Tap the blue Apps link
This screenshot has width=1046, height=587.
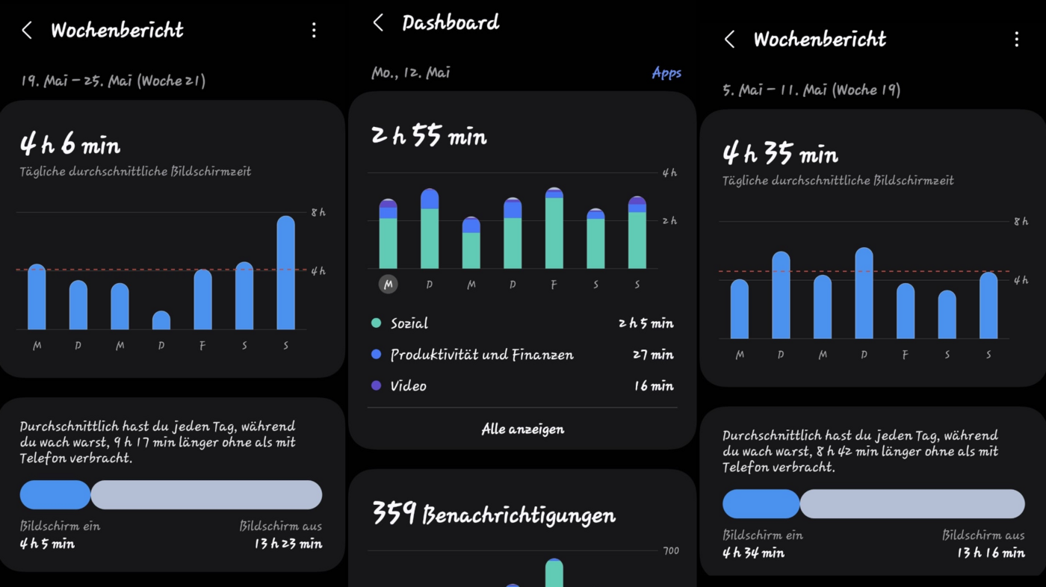pyautogui.click(x=666, y=73)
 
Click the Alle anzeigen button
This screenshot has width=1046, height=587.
pyautogui.click(x=522, y=429)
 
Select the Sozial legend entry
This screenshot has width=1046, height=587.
pyautogui.click(x=409, y=323)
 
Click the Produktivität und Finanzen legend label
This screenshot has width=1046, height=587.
pyautogui.click(x=481, y=355)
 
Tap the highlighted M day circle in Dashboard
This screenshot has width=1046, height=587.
pyautogui.click(x=388, y=285)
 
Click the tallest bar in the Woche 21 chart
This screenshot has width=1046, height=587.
pyautogui.click(x=285, y=273)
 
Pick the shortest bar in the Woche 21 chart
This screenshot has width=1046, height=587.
pyautogui.click(x=161, y=320)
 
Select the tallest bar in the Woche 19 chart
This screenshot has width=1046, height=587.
pyautogui.click(x=864, y=293)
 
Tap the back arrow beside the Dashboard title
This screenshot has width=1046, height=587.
pyautogui.click(x=378, y=23)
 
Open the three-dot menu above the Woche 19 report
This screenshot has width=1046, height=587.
pyautogui.click(x=1016, y=40)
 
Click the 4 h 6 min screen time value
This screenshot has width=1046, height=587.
pyautogui.click(x=70, y=145)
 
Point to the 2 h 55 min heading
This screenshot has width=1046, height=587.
pyautogui.click(x=429, y=136)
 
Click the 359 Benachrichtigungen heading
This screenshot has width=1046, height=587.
pyautogui.click(x=493, y=515)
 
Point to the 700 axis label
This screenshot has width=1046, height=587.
pyautogui.click(x=671, y=551)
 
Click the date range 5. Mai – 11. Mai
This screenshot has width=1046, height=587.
pyautogui.click(x=811, y=90)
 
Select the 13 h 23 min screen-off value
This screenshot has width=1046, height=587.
pyautogui.click(x=288, y=544)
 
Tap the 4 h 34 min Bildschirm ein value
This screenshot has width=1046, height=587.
pyautogui.click(x=753, y=553)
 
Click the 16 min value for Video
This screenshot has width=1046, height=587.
pyautogui.click(x=653, y=386)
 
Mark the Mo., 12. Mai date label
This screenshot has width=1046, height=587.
pyautogui.click(x=411, y=73)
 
